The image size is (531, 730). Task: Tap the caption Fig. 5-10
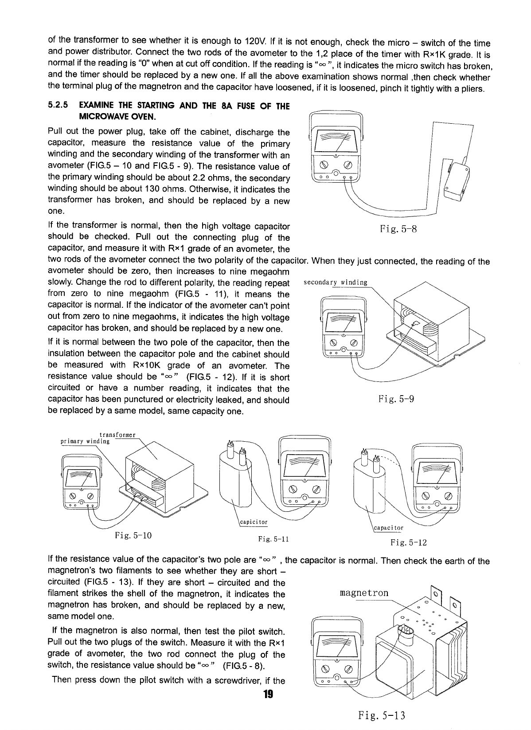(133, 535)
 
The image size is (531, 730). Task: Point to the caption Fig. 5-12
(408, 542)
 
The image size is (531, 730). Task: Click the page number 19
(267, 694)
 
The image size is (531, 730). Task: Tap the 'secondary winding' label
(335, 283)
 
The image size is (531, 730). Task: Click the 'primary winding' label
(85, 441)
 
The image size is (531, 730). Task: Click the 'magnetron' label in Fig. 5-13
(364, 593)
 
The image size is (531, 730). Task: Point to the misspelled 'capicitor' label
(254, 522)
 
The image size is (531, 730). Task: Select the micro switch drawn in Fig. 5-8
(457, 181)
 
